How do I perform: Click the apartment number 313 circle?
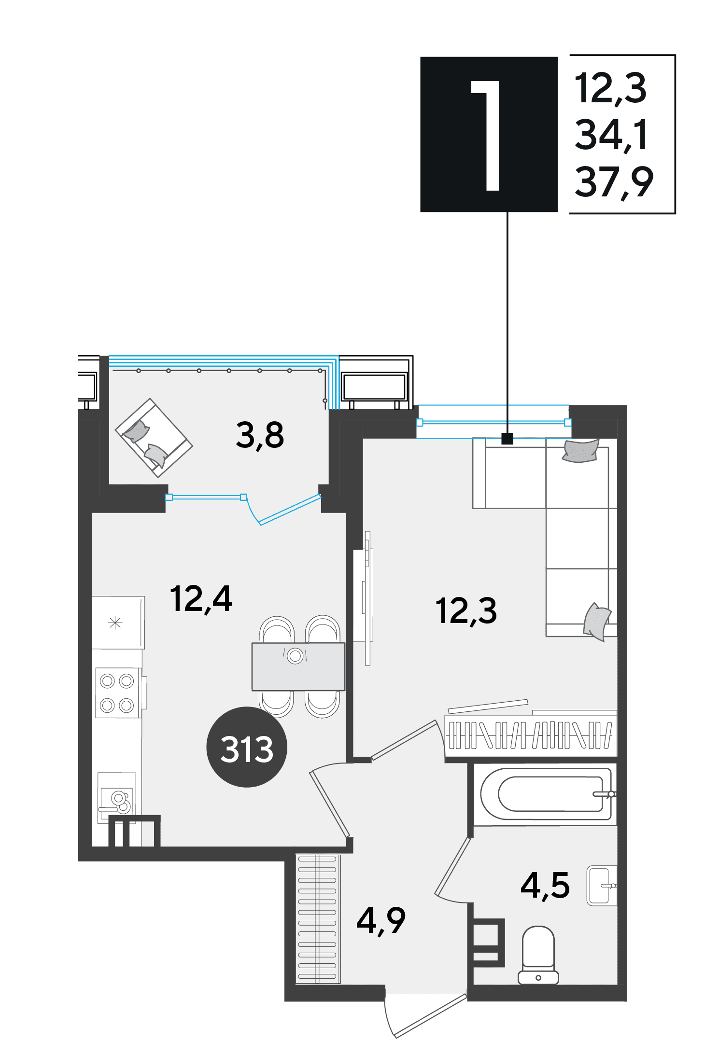[247, 747]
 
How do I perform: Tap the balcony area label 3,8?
[260, 435]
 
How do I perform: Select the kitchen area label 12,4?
[201, 599]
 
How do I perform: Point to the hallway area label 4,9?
[381, 921]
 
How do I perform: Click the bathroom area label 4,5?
[545, 886]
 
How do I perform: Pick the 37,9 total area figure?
[614, 182]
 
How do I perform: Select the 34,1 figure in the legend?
[611, 135]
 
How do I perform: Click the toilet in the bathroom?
[538, 956]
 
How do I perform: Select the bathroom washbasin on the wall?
[602, 886]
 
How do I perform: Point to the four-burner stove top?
[117, 693]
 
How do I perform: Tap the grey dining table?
[298, 666]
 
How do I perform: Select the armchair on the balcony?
[154, 438]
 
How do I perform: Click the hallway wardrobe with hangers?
[317, 919]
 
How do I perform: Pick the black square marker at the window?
[508, 438]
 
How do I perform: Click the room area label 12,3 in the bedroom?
[466, 611]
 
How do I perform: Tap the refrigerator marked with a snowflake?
[118, 623]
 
